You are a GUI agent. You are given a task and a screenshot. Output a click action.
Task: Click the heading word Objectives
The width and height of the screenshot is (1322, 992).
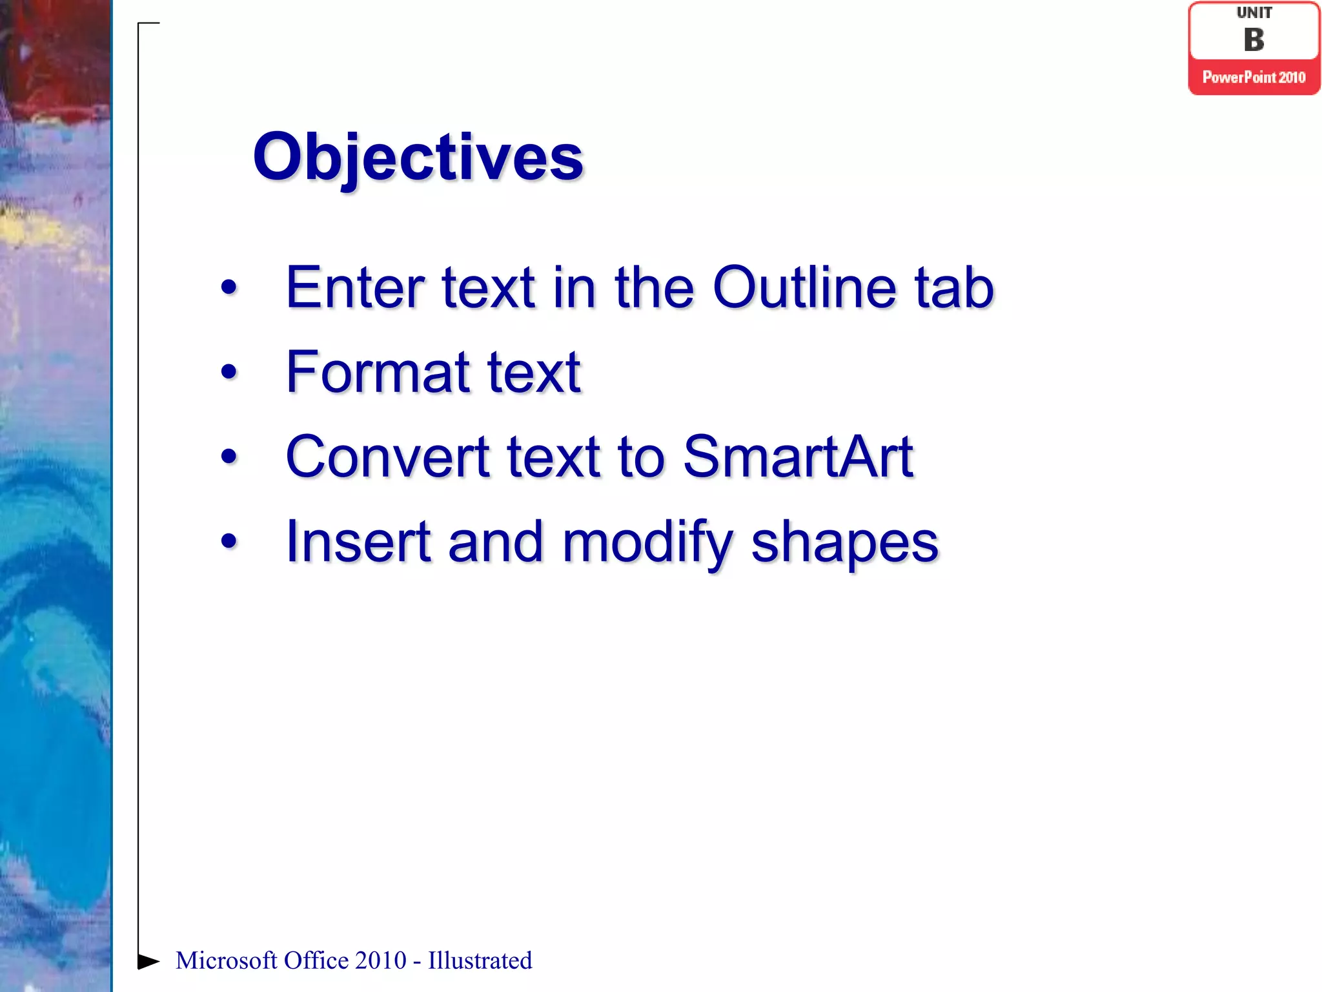tap(418, 157)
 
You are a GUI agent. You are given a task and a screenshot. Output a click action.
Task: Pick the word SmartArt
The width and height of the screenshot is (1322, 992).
tap(798, 457)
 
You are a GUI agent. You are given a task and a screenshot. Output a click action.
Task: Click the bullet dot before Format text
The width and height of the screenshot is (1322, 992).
tap(229, 372)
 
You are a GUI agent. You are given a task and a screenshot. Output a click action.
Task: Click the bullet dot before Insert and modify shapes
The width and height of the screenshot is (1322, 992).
tap(229, 541)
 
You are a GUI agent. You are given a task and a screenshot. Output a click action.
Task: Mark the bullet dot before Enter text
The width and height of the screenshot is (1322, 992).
tap(229, 287)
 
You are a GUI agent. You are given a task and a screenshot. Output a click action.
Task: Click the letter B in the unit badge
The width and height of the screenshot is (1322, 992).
tap(1254, 40)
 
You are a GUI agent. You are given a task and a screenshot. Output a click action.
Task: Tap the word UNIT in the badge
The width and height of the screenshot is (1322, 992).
tap(1254, 13)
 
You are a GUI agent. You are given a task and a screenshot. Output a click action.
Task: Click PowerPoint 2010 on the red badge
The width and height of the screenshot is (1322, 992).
tap(1254, 77)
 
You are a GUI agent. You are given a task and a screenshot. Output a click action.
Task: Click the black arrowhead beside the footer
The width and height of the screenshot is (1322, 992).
tap(148, 962)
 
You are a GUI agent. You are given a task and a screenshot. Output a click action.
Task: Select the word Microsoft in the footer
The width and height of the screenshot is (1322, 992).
tap(226, 961)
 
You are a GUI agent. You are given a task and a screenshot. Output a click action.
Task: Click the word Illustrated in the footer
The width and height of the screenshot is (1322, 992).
tap(480, 961)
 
